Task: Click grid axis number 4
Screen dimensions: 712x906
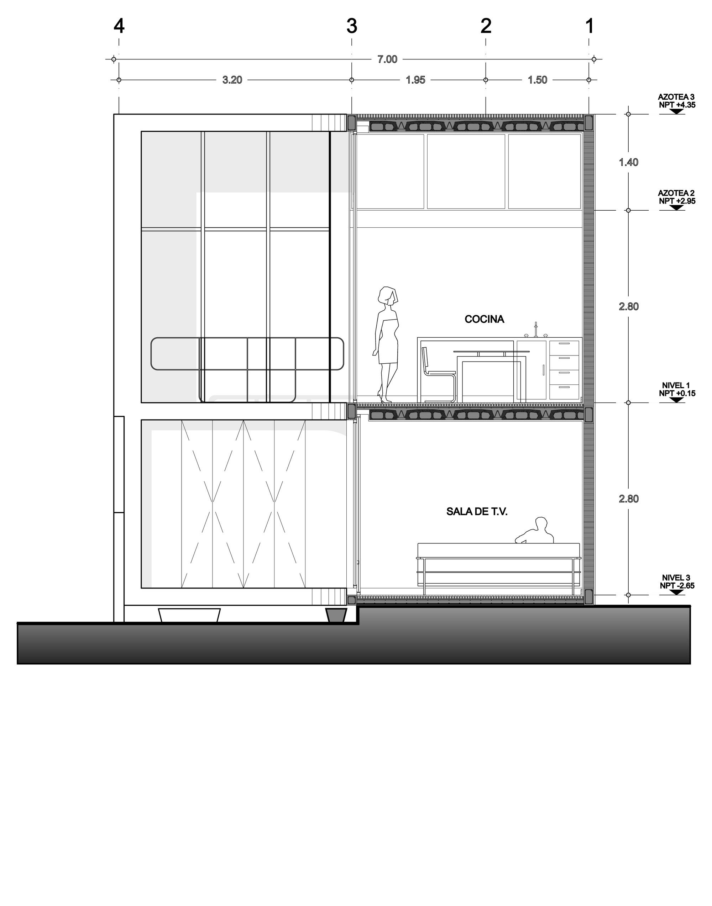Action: coord(119,26)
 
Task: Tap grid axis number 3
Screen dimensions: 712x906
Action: coord(352,26)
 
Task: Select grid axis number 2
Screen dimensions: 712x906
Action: coord(486,26)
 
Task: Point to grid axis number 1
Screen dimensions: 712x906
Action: coord(590,26)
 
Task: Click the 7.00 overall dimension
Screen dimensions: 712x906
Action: coord(387,59)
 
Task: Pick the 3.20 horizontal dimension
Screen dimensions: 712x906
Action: coord(232,80)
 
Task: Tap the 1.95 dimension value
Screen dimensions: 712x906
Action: coord(415,80)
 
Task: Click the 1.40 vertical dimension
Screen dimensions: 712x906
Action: coord(629,162)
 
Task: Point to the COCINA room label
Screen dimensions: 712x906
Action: coord(485,319)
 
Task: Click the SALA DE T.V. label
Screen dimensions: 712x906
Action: coord(477,512)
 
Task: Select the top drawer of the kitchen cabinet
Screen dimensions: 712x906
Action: coord(564,348)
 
